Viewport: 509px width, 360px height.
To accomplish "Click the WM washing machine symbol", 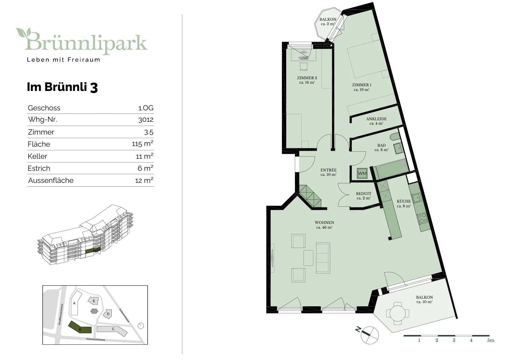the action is pyautogui.click(x=362, y=174).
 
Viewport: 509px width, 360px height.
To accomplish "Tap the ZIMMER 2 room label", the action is pyautogui.click(x=307, y=78).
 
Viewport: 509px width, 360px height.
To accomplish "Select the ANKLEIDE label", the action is pyautogui.click(x=376, y=119).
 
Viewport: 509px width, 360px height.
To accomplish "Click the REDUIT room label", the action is pyautogui.click(x=364, y=193).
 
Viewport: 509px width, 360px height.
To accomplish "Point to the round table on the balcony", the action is pyautogui.click(x=397, y=314).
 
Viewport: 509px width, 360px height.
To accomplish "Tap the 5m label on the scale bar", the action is pyautogui.click(x=490, y=340).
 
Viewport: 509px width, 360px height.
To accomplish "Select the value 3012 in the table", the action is pyautogui.click(x=146, y=120).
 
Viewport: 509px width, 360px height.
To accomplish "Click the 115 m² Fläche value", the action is pyautogui.click(x=143, y=144).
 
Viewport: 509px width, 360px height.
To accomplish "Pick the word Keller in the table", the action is pyautogui.click(x=37, y=156).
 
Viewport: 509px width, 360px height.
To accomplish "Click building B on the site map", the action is pyautogui.click(x=80, y=327).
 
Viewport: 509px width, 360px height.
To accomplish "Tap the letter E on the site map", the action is pyautogui.click(x=94, y=301).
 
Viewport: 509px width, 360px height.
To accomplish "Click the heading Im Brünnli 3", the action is pyautogui.click(x=62, y=87).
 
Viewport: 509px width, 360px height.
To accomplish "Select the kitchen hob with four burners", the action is pyautogui.click(x=422, y=218).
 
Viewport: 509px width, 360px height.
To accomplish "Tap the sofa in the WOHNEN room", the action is pyautogui.click(x=323, y=258).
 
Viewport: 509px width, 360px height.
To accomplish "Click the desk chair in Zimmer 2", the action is pyautogui.click(x=303, y=66).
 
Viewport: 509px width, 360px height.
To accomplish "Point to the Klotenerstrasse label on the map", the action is pyautogui.click(x=124, y=315).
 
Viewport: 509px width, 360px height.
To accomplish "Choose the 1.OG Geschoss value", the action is pyautogui.click(x=146, y=108).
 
